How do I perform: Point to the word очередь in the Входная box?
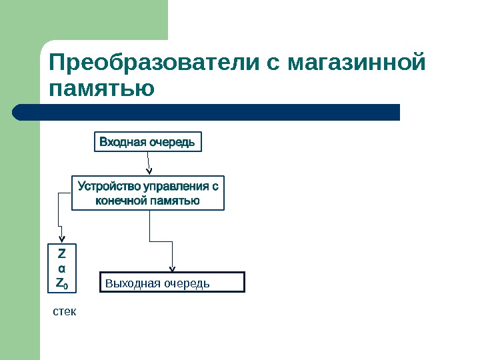click(x=172, y=142)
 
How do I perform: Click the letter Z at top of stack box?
click(x=61, y=254)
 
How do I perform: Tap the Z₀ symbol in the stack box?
click(x=61, y=283)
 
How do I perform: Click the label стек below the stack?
click(x=65, y=311)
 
